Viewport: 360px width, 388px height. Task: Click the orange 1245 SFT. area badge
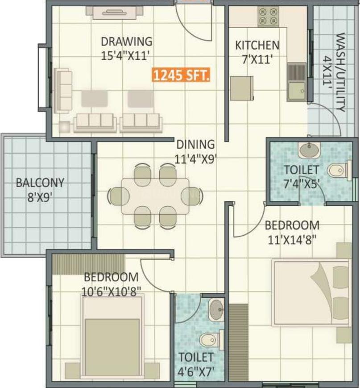click(x=181, y=75)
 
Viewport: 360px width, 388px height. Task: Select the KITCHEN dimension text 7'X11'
click(x=257, y=58)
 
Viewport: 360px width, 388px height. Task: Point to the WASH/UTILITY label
click(x=340, y=71)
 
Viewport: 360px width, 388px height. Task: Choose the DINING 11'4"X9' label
click(x=196, y=151)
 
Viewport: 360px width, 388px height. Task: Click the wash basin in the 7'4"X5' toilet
click(x=310, y=150)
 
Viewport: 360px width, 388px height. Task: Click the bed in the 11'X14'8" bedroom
click(x=310, y=293)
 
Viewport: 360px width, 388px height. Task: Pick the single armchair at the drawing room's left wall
click(x=62, y=91)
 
